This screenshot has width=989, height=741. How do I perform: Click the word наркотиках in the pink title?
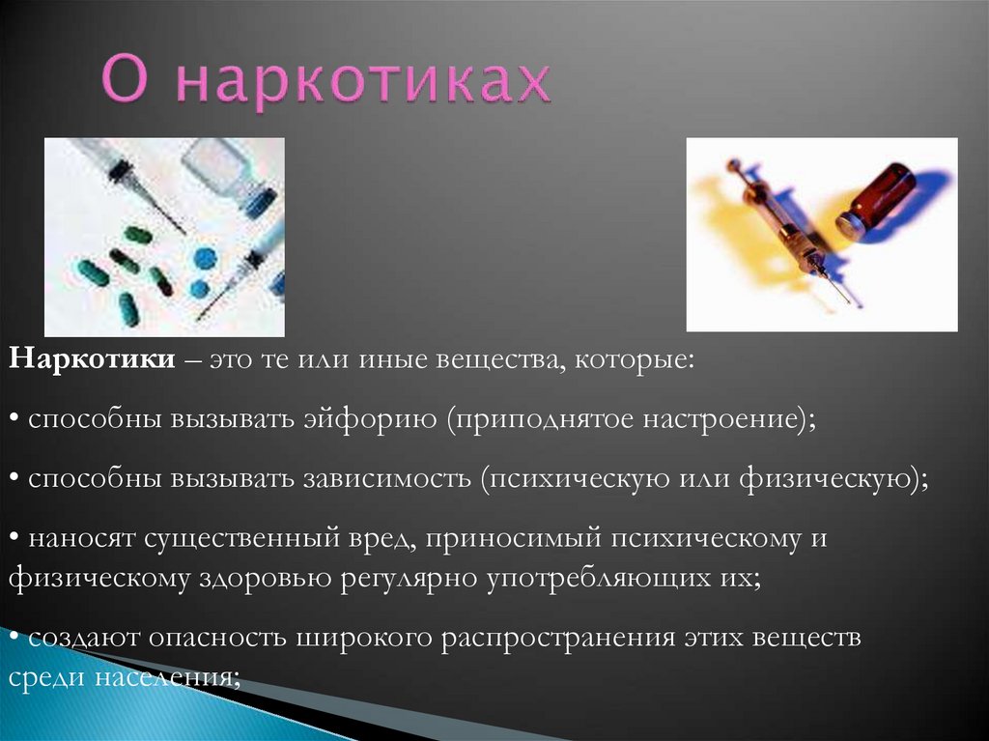pyautogui.click(x=364, y=84)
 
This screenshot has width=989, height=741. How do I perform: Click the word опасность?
pyautogui.click(x=220, y=639)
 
